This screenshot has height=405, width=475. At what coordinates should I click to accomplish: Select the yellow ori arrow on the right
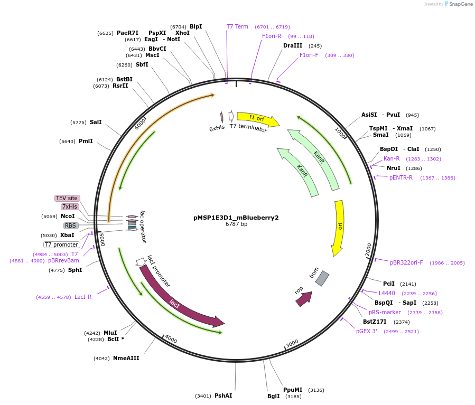point(339,227)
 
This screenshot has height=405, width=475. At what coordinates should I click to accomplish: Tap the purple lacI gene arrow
point(180,298)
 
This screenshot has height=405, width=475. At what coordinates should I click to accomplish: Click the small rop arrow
point(303,299)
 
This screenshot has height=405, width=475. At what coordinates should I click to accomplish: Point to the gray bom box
point(322,278)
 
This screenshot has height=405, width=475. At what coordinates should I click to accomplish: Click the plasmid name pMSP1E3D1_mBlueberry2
point(236,217)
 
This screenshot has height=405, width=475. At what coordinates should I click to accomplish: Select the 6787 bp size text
point(236,224)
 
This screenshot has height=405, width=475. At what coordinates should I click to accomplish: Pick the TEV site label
point(67,198)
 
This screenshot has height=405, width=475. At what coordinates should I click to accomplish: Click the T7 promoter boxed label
point(62,244)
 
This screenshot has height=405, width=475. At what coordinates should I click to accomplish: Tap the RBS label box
point(70,225)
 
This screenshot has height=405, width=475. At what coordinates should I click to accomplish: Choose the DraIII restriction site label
point(293,45)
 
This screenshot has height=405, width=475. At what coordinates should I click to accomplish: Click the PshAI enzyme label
point(223,395)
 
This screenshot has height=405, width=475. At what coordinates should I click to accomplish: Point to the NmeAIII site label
point(126,358)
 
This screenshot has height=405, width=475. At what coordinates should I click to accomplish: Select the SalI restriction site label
point(96,122)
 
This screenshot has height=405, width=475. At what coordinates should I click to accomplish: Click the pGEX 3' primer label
point(367,331)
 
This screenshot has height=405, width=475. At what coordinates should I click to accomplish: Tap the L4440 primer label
point(387,293)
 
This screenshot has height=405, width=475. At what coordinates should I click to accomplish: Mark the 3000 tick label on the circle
point(292,343)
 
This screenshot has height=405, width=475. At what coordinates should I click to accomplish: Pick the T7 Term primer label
point(237,26)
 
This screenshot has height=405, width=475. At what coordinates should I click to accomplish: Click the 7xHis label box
point(70,206)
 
